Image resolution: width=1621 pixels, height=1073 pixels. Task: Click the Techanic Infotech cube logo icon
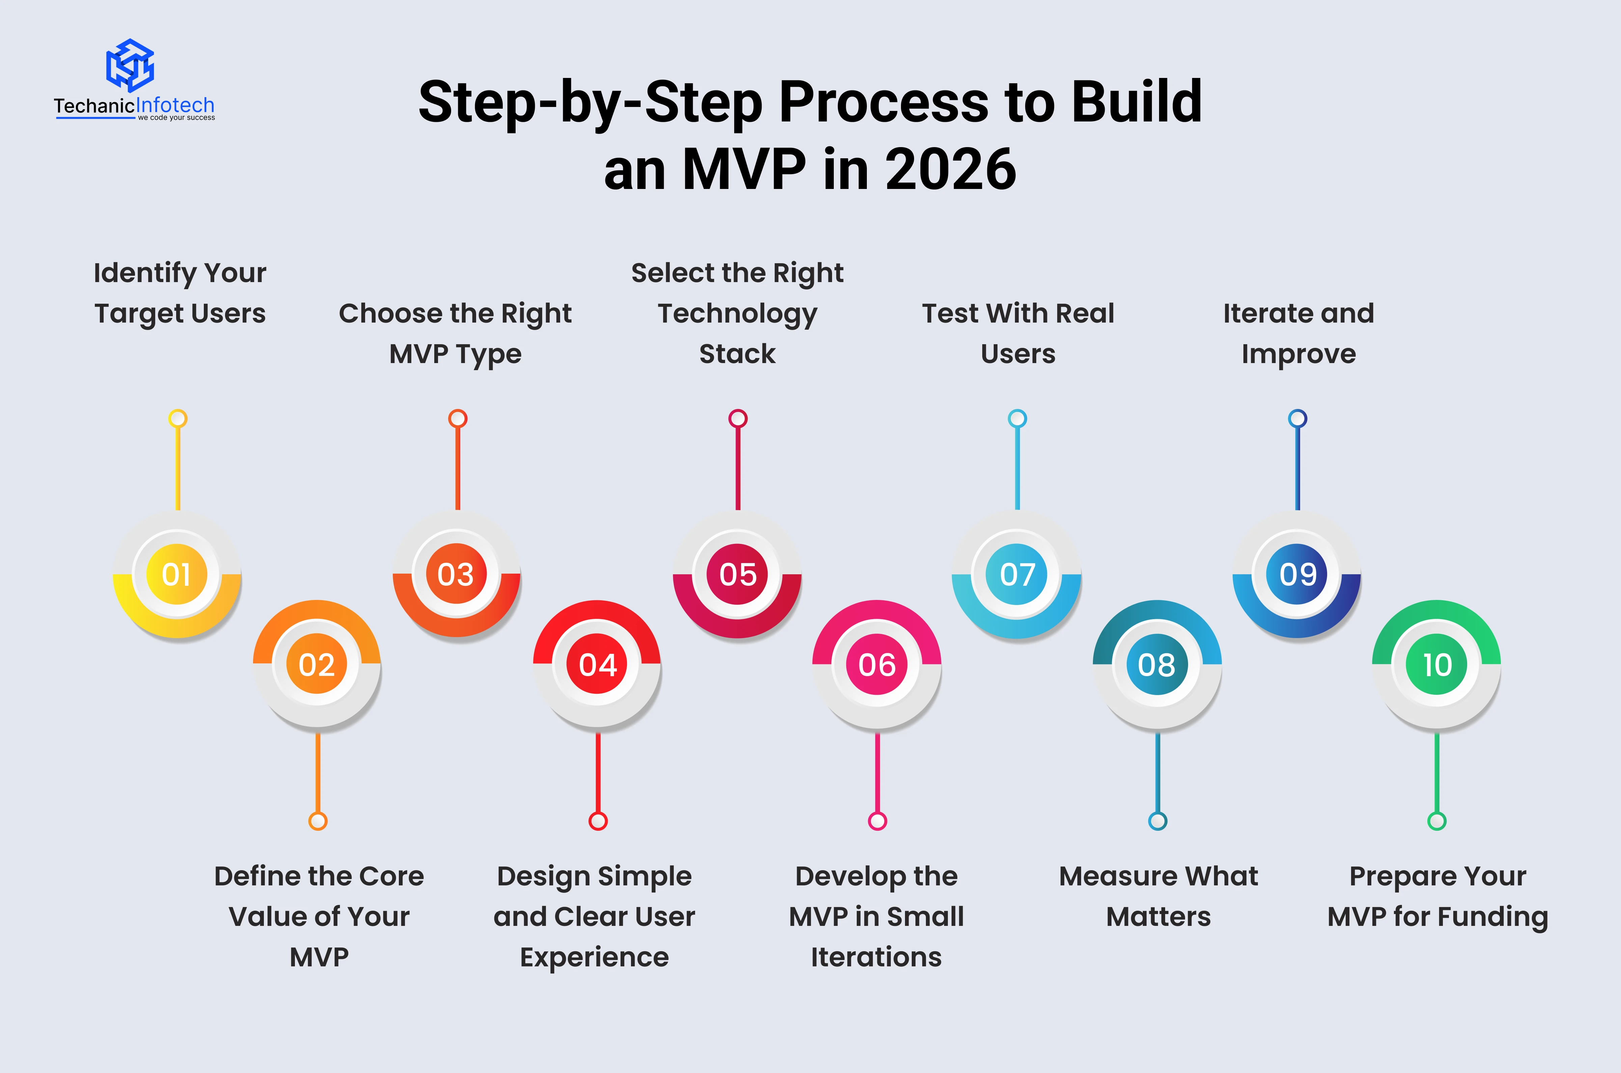pos(130,65)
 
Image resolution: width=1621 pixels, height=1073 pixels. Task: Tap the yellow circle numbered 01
pos(176,574)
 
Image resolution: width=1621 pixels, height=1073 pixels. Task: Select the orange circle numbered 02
pos(317,664)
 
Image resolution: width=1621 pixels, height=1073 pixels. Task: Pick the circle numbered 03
pos(457,574)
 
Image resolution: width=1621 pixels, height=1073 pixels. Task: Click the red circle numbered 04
pos(597,664)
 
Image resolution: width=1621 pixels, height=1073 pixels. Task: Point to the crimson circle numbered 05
pos(738,574)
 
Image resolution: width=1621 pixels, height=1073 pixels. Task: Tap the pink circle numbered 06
pos(877,664)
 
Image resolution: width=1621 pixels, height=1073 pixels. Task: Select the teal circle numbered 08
pos(1157,664)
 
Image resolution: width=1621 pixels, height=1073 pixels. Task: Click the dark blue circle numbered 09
pos(1297,574)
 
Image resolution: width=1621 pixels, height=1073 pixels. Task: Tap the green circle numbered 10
pos(1437,664)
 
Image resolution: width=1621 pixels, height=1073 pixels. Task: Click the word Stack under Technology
pos(737,354)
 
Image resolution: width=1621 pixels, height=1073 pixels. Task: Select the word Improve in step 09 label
pos(1298,354)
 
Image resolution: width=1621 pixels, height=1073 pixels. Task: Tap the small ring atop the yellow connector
pos(178,418)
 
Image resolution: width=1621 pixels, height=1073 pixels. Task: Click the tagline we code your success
pos(176,118)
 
